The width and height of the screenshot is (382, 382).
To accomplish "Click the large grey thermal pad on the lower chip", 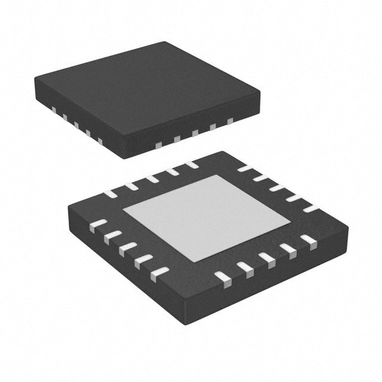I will coord(207,217).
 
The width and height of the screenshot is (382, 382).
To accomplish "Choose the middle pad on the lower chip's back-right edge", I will coord(278,188).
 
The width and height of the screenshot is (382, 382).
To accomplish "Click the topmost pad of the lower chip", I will coord(191,164).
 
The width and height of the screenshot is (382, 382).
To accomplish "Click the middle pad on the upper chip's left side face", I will coord(76,125).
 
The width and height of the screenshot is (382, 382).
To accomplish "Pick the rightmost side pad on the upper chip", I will coord(230,121).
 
